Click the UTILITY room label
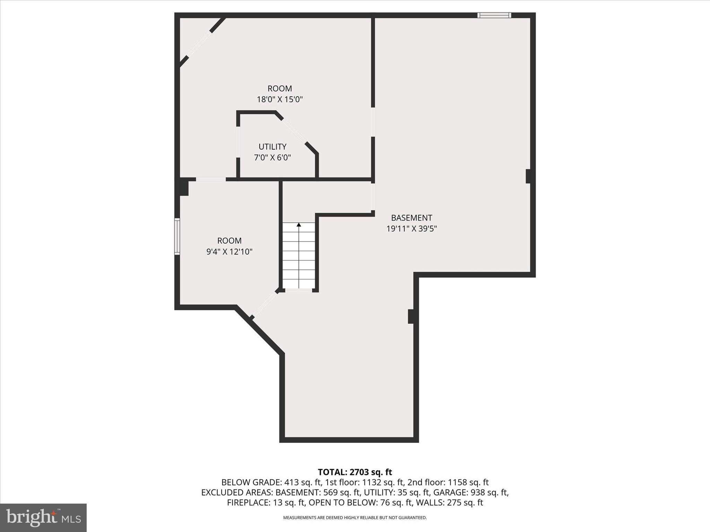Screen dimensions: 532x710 [272, 147]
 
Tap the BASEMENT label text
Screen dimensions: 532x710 [412, 218]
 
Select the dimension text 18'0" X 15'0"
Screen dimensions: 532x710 [280, 100]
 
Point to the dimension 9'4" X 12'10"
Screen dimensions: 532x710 [229, 252]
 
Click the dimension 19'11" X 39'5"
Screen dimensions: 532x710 [412, 229]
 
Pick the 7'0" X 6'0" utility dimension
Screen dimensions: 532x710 [272, 158]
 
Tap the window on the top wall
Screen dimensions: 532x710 [494, 15]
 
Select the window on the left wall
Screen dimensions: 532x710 [177, 237]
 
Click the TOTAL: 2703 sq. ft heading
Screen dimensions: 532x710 [355, 472]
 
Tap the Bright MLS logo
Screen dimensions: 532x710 [43, 517]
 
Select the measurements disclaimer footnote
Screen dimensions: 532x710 [355, 518]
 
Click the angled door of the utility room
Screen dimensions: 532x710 [294, 131]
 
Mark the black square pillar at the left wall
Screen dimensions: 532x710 [184, 187]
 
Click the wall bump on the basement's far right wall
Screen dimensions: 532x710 [528, 176]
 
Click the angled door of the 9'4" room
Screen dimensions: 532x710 [265, 304]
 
